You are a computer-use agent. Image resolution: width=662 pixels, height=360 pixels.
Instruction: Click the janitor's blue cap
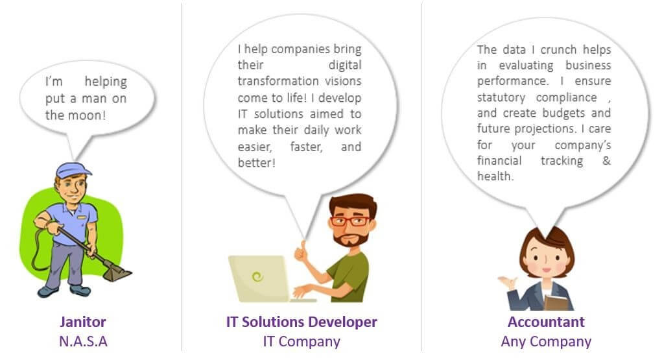pos(73,170)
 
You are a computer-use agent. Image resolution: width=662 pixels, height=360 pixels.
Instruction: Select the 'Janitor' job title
pos(83,322)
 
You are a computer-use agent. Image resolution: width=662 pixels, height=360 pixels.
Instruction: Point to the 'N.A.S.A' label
pos(83,341)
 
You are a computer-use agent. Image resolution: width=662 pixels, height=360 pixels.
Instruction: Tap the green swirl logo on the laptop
pos(257,277)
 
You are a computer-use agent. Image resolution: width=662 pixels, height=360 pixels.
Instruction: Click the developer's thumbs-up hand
pos(301,252)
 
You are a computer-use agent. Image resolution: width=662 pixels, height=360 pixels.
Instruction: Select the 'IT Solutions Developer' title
pos(301,322)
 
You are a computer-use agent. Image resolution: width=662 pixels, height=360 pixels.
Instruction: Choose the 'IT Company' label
pos(301,341)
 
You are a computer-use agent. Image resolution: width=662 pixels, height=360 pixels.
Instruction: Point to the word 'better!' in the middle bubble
pos(257,163)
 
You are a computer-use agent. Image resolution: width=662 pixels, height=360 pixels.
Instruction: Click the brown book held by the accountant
pos(556,302)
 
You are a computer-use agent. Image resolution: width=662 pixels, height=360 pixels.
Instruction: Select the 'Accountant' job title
pos(546,322)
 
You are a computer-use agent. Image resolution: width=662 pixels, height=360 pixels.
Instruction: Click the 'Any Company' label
pos(546,341)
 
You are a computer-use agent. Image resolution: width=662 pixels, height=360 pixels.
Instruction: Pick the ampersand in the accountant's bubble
pos(606,161)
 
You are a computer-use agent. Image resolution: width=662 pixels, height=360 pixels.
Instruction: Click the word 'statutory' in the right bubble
pos(501,97)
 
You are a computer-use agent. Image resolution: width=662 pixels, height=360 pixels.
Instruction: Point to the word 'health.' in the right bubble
pos(495,176)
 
